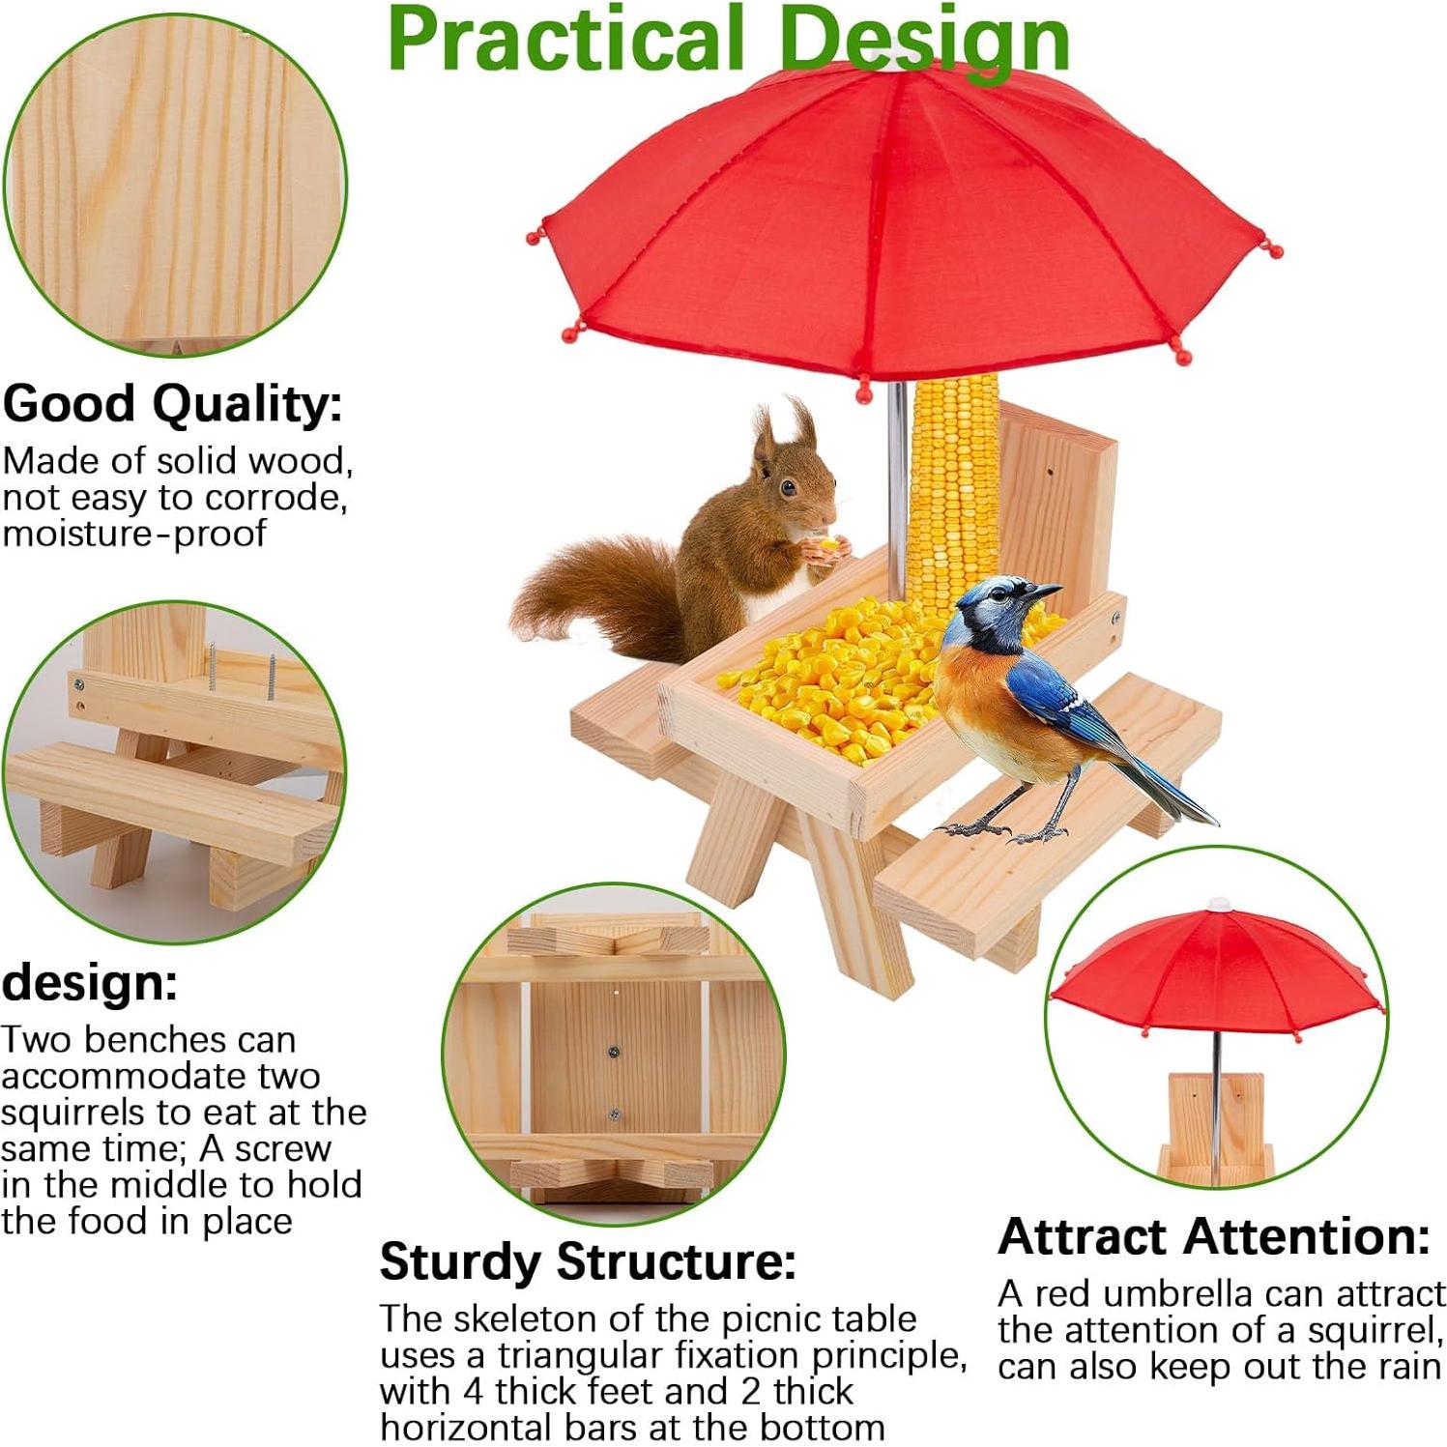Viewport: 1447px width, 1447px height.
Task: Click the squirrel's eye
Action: pos(790,487)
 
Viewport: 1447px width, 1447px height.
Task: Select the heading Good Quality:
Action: pos(173,404)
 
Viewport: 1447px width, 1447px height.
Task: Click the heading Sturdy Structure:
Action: pos(588,1262)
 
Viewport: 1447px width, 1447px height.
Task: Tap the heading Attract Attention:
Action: pos(1214,1236)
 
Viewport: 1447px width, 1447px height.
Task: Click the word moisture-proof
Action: pos(134,534)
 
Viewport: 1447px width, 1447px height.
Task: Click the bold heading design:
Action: pos(90,982)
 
